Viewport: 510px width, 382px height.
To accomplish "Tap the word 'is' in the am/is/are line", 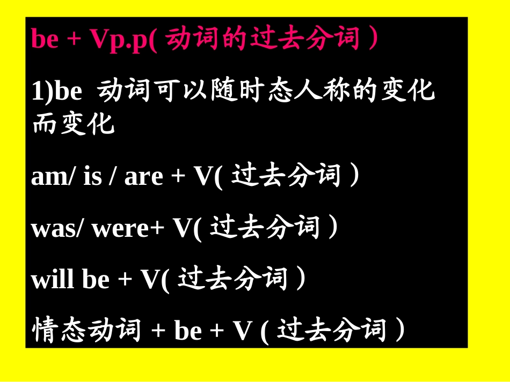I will click(x=92, y=177).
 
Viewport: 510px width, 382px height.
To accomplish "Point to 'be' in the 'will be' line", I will click(x=96, y=280).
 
